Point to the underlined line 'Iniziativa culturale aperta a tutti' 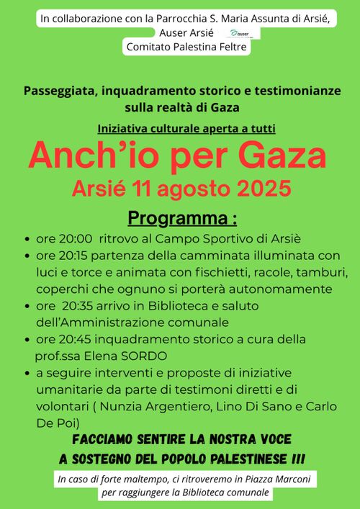click(x=186, y=128)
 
